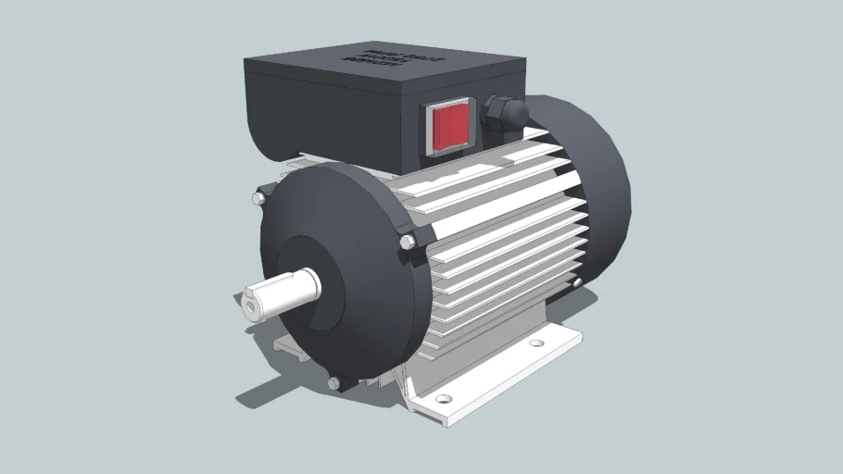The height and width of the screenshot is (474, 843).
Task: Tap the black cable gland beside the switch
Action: pos(501,112)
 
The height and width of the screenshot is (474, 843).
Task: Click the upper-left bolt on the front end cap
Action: pos(258,198)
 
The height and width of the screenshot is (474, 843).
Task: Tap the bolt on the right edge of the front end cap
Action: pos(407,242)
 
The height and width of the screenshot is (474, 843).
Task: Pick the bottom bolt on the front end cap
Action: pos(333,382)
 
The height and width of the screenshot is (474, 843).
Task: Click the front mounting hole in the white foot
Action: pos(444,399)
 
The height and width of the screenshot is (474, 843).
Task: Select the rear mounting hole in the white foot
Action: pos(535,343)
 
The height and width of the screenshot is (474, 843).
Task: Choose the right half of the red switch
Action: pos(459,125)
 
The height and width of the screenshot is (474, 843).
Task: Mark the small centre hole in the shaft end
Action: pos(250,305)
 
